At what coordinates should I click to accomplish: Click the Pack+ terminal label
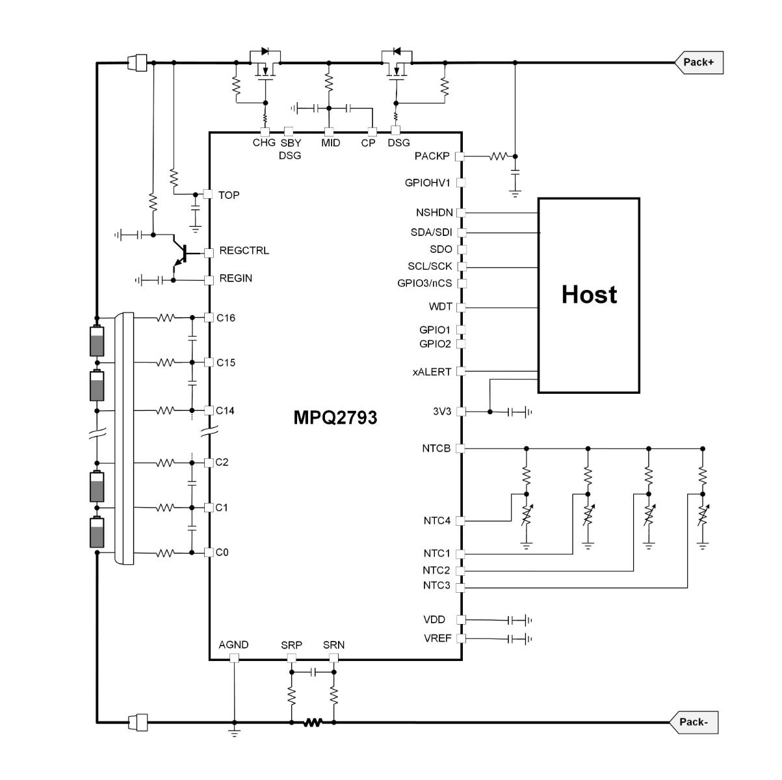coord(699,62)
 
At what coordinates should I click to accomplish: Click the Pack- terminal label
coord(694,722)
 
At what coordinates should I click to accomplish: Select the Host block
coord(589,295)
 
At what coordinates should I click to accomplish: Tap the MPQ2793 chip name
coord(335,417)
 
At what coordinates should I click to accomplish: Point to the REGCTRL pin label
coord(244,251)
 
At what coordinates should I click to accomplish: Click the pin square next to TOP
coord(208,194)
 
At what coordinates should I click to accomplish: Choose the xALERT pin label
coord(432,372)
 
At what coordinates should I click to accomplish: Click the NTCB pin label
coord(436,448)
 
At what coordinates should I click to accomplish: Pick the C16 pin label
coord(226,318)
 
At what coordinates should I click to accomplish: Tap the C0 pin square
coord(209,552)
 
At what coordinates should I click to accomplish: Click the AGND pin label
coord(233,645)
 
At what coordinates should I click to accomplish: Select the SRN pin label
coord(333,645)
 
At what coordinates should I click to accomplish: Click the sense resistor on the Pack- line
coord(313,721)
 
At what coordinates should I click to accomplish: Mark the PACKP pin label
coord(432,157)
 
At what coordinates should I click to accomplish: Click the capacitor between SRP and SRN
coord(313,671)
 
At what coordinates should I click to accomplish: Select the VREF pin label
coord(437,638)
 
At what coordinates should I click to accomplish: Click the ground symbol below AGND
coord(234,733)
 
